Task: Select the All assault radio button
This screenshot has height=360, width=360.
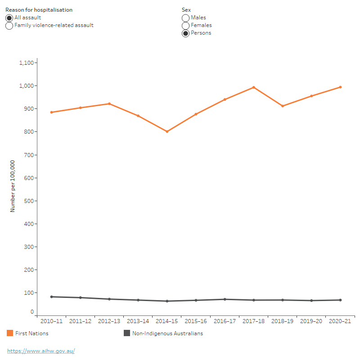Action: (9, 18)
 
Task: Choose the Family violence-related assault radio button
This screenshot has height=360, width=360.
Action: (9, 26)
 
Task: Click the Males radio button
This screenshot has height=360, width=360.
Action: (185, 18)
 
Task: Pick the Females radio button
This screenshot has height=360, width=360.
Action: (185, 26)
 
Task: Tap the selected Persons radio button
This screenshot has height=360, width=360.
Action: (185, 33)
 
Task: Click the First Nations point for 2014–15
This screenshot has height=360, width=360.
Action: (167, 131)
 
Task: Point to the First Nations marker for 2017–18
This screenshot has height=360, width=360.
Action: (254, 87)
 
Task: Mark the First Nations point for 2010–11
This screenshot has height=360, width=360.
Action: (51, 112)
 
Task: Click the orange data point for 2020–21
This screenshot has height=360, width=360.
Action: (340, 87)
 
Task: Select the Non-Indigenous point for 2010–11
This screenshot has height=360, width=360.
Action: (51, 297)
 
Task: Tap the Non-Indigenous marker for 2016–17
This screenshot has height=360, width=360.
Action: (225, 299)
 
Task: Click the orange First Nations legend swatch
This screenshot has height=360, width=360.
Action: (10, 333)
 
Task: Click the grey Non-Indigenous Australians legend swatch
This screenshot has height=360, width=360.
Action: (127, 333)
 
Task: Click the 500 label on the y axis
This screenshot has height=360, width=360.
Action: (29, 201)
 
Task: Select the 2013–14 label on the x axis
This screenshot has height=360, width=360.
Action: (138, 321)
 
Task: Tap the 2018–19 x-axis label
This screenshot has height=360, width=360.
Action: (282, 321)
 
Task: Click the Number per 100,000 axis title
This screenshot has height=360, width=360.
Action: (13, 186)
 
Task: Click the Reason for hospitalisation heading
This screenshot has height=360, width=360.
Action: (39, 9)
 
